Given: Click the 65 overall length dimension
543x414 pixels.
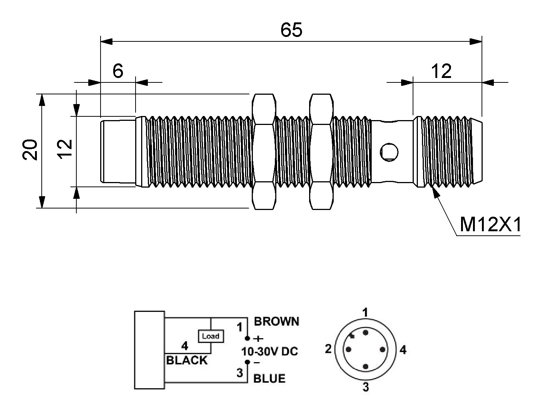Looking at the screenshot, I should tap(291, 30).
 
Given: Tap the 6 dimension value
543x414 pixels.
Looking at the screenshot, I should tap(118, 71).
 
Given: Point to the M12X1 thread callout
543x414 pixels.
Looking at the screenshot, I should tap(490, 225).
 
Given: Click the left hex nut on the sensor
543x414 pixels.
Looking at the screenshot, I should tap(264, 151).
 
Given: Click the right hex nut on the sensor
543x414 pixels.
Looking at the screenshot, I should tap(321, 151).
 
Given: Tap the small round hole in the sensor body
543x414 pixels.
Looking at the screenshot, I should tap(389, 152).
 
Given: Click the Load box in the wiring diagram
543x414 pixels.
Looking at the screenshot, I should tap(211, 336).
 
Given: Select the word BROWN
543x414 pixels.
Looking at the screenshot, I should tap(276, 321).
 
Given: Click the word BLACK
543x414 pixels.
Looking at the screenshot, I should tap(187, 361).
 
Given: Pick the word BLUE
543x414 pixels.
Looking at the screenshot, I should tap(269, 379).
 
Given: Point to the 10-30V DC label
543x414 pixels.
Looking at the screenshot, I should tap(270, 351).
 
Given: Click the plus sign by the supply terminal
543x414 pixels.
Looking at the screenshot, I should tap(258, 339).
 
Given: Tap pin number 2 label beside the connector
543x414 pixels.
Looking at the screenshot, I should tap(328, 349).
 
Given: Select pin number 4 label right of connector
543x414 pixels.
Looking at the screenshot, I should tap(403, 350).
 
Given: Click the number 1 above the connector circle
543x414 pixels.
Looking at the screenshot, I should tap(366, 312).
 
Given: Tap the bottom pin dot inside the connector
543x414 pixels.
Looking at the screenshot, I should tap(366, 367).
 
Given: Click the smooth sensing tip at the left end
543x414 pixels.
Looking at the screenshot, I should tap(118, 151).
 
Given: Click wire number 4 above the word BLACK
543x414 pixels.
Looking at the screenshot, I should tap(184, 346).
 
